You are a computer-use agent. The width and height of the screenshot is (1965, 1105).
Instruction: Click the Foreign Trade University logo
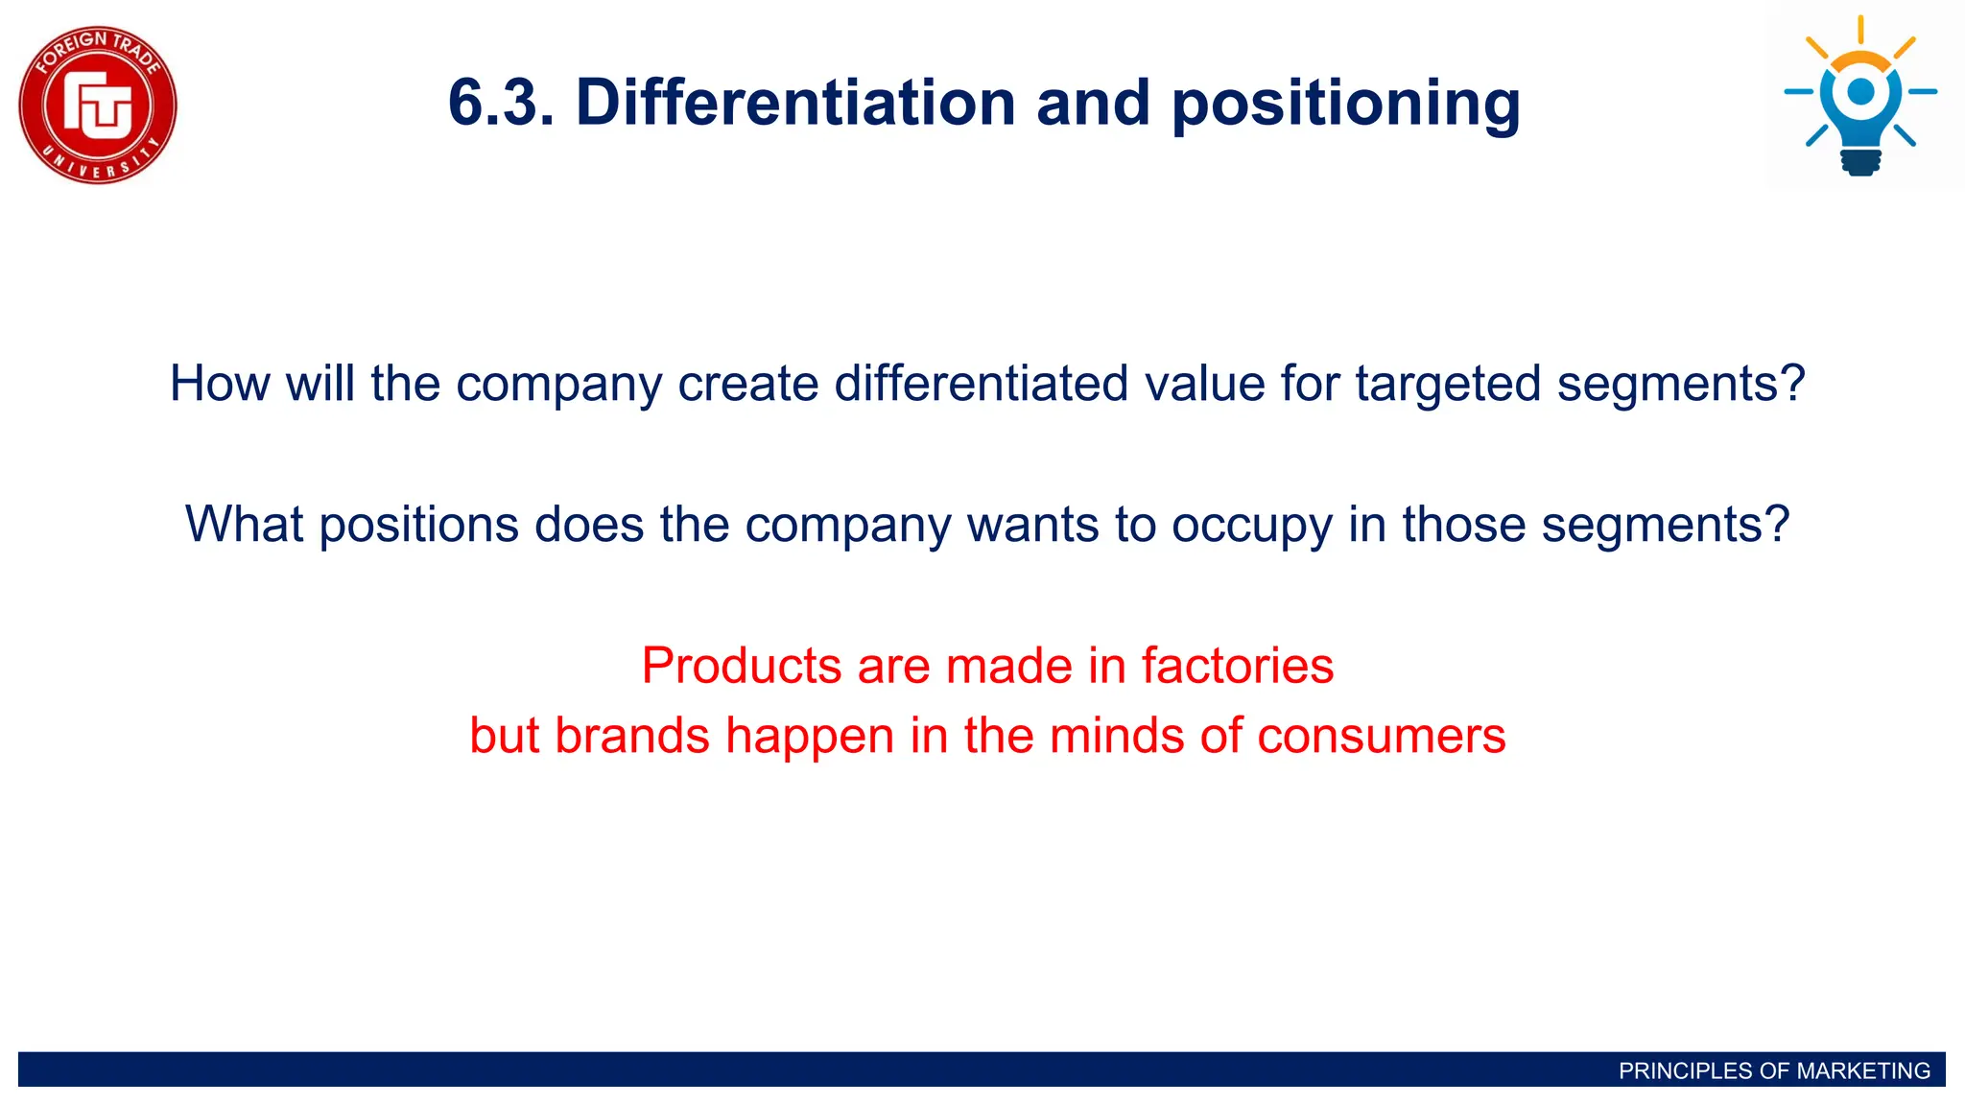[x=98, y=105]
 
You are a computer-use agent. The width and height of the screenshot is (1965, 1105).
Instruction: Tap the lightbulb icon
[x=1860, y=96]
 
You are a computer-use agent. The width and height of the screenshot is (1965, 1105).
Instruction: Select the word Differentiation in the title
[x=795, y=102]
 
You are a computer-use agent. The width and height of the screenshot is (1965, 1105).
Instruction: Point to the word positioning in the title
[x=1346, y=104]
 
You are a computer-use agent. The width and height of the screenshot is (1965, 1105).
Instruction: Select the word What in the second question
[x=244, y=525]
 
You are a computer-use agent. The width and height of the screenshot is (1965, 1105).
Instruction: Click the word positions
[x=418, y=526]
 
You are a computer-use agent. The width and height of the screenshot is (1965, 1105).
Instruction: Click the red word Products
[x=742, y=666]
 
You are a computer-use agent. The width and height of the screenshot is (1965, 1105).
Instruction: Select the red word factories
[x=1237, y=666]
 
